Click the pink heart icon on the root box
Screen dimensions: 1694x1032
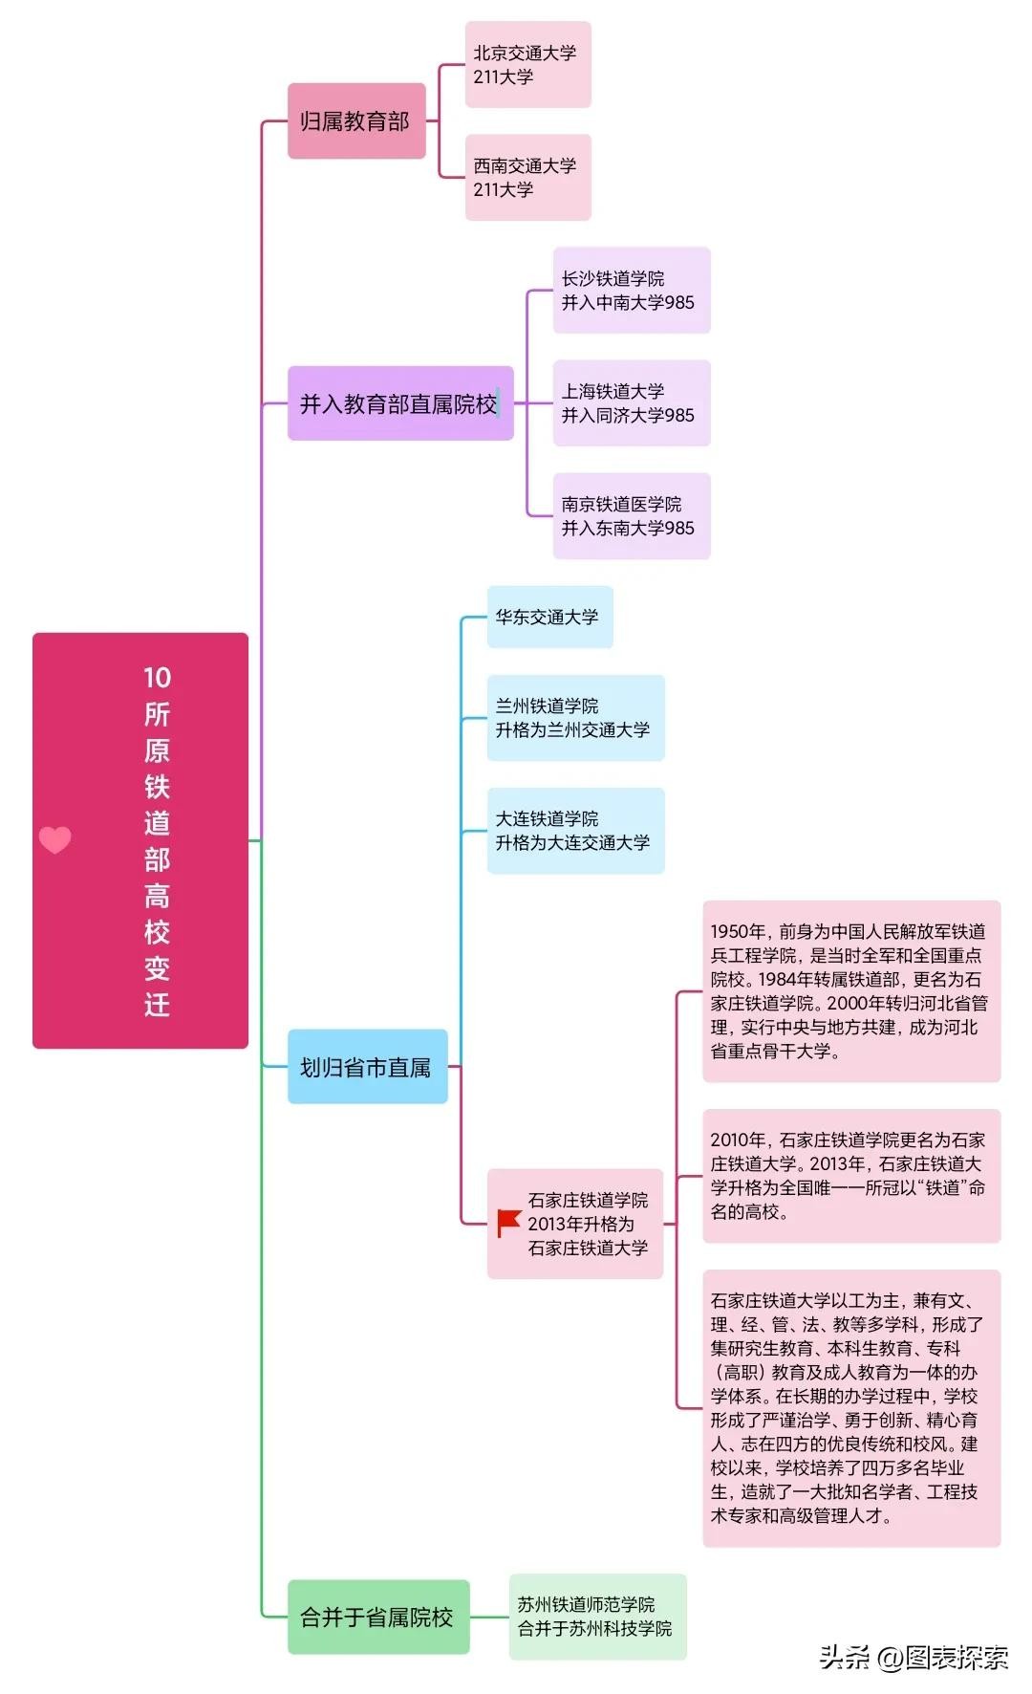point(55,839)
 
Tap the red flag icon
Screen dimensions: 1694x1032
point(508,1223)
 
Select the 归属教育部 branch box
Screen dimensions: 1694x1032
point(355,121)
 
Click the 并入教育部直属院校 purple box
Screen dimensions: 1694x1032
point(399,403)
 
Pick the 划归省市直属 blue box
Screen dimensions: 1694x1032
point(367,1067)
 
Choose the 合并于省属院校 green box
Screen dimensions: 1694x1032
point(377,1617)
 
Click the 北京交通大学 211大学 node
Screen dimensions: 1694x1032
point(527,65)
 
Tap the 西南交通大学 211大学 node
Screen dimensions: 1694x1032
point(527,178)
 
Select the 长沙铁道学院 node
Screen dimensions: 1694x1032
point(631,291)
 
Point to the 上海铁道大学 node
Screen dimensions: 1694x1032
point(631,403)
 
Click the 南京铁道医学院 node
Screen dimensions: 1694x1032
point(631,516)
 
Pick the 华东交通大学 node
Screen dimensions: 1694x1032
point(549,618)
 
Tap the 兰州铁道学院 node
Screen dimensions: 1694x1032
point(575,718)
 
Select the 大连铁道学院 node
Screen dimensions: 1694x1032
point(575,831)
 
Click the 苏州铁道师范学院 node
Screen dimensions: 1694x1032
point(596,1617)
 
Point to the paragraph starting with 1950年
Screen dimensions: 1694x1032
point(850,991)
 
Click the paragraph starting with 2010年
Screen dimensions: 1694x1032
point(850,1176)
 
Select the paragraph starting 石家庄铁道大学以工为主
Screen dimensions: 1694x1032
point(850,1408)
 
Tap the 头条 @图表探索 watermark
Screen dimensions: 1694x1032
point(914,1658)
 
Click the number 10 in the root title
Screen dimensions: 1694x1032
point(157,678)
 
